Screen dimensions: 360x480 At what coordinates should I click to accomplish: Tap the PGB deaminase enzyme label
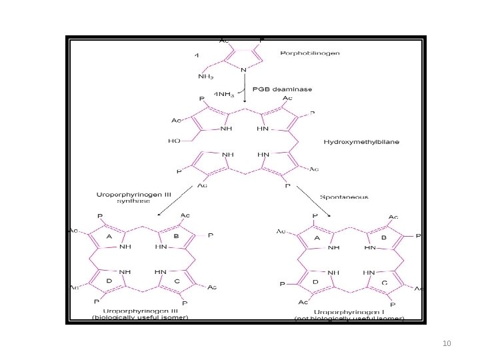[x=281, y=89]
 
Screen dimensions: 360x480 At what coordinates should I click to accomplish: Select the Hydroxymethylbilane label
[x=359, y=142]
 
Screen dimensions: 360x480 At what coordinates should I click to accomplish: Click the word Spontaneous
[x=344, y=197]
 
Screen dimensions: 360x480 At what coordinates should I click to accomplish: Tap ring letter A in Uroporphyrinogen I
[x=317, y=238]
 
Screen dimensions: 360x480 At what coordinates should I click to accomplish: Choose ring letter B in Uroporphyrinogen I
[x=383, y=237]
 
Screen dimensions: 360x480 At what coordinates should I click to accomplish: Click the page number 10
[x=447, y=343]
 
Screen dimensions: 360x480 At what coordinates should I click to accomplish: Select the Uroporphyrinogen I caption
[x=350, y=311]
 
